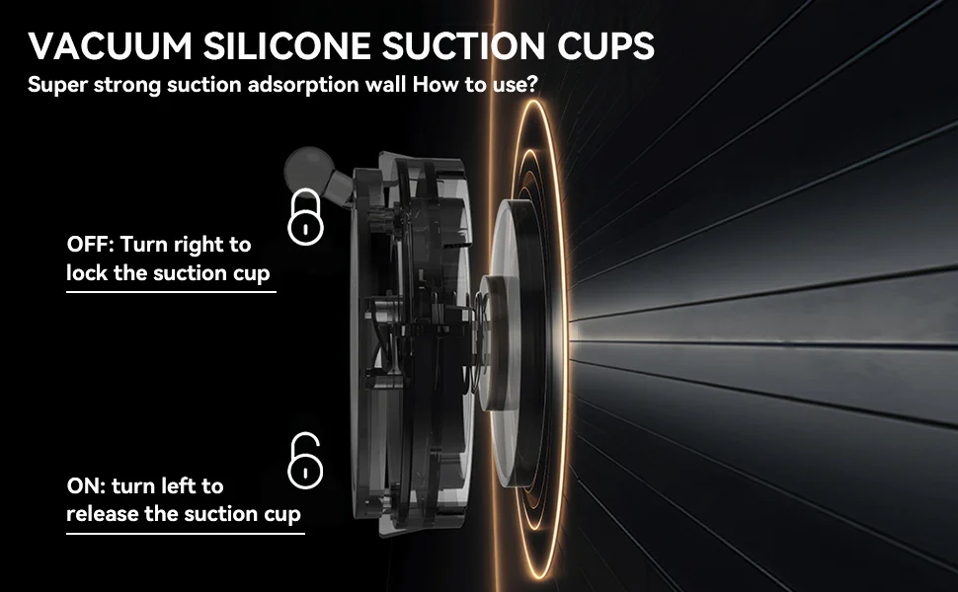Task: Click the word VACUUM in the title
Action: coord(110,45)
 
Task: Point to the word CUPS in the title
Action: coord(605,45)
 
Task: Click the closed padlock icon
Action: coord(305,217)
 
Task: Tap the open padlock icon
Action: coord(305,461)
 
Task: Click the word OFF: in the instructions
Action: coord(91,245)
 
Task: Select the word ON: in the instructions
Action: coord(86,486)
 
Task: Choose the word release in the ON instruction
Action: coord(103,514)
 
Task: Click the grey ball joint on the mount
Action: coord(309,168)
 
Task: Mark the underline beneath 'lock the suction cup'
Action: coord(171,292)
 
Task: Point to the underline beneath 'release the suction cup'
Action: coord(185,534)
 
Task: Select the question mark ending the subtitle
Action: coord(532,84)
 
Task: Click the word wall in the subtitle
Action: coord(386,84)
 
